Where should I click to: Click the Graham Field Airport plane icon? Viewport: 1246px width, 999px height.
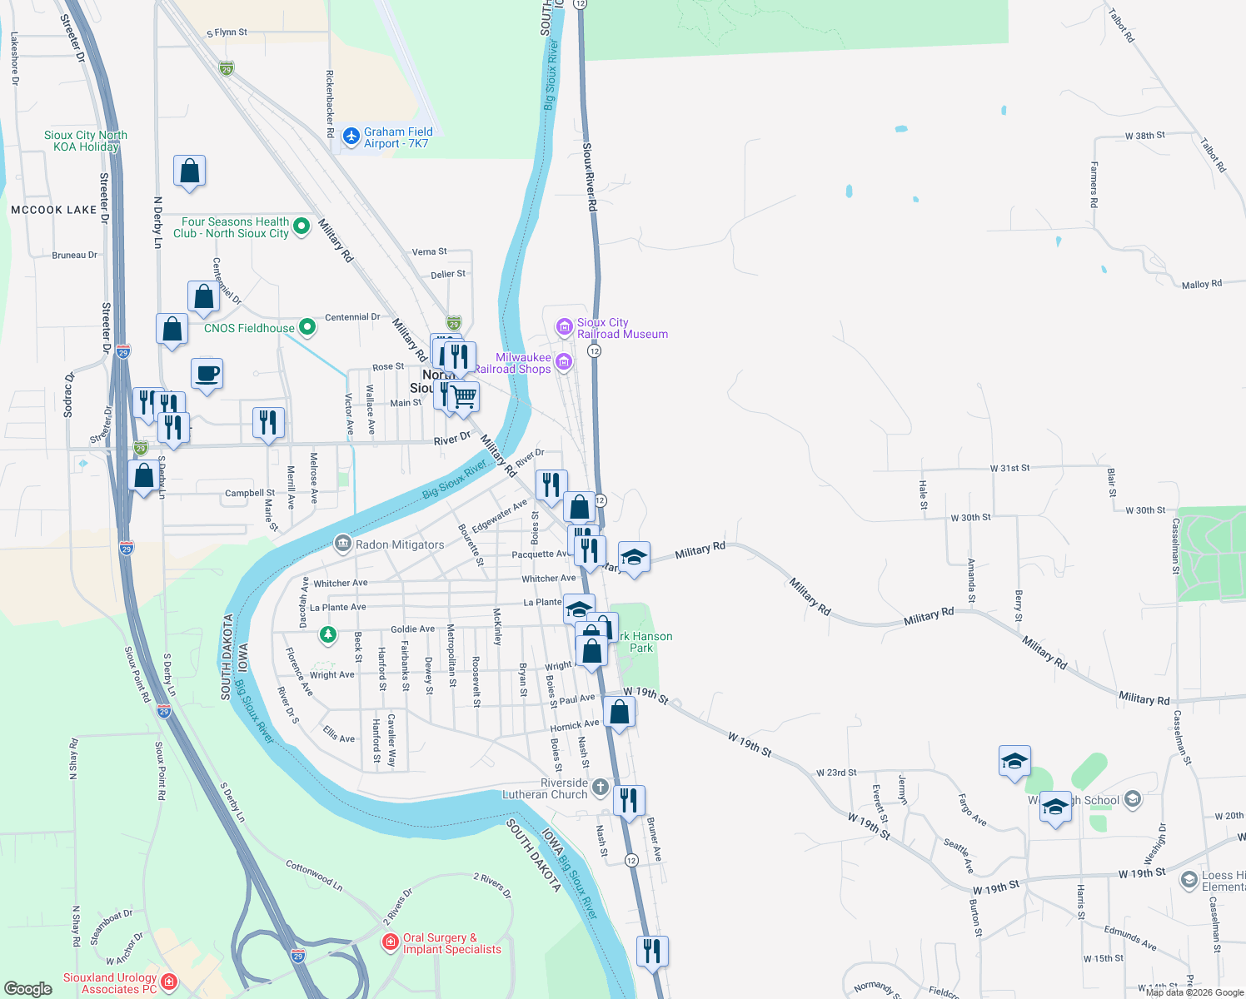(351, 135)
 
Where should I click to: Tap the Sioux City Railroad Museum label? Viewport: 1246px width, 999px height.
(622, 328)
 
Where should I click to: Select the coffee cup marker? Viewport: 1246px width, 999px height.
(207, 374)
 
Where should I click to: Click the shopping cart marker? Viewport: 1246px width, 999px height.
(464, 397)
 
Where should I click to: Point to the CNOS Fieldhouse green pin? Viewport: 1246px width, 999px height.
(307, 327)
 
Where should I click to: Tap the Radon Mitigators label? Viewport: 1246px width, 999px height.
(399, 544)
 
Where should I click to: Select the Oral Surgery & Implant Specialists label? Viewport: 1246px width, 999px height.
(451, 943)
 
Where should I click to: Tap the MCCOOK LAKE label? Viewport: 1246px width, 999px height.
(54, 210)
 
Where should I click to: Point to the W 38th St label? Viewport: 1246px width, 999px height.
(1144, 135)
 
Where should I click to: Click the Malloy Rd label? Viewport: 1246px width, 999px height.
(1201, 285)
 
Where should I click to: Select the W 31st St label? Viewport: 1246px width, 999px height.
(1009, 468)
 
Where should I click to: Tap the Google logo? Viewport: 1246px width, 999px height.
(27, 988)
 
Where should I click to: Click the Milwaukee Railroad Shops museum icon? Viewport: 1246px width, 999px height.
(564, 361)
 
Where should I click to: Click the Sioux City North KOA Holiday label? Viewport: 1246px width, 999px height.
(86, 141)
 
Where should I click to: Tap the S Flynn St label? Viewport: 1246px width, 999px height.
(227, 32)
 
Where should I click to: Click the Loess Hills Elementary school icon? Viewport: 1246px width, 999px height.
(1189, 879)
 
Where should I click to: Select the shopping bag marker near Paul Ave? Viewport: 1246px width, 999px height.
(620, 713)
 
